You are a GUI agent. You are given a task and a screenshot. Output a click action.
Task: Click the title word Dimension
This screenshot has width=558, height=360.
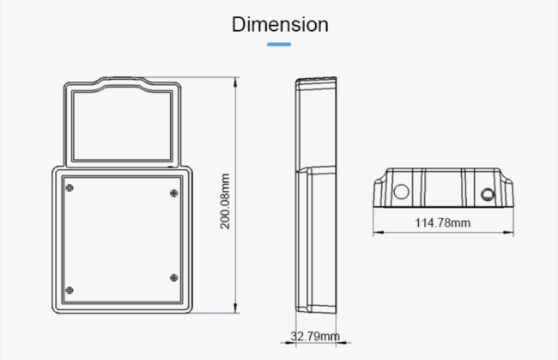[x=279, y=25]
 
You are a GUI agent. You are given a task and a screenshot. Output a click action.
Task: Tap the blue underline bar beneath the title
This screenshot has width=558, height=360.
[x=279, y=44]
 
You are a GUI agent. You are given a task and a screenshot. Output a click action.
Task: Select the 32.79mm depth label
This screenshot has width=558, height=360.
[x=314, y=335]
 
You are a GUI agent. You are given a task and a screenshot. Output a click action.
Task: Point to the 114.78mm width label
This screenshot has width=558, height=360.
[x=443, y=223]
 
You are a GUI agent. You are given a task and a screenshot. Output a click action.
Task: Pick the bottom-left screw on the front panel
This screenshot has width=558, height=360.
[x=70, y=287]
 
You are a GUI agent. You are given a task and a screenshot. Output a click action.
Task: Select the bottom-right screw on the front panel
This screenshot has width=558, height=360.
[x=174, y=277]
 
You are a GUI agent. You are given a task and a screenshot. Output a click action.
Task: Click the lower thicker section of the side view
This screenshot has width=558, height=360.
[x=318, y=241]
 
